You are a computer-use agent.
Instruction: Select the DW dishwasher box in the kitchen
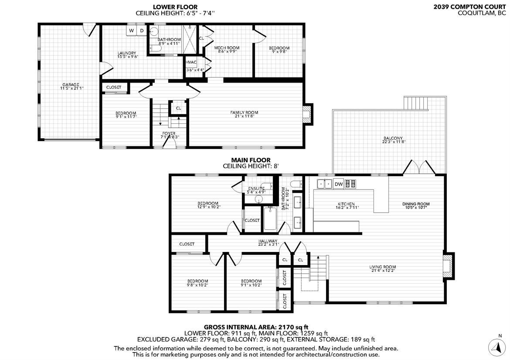click(x=339, y=184)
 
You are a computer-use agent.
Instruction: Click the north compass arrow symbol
click(x=496, y=347)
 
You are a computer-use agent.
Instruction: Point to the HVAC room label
click(x=191, y=62)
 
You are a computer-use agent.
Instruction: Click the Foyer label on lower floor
click(x=169, y=133)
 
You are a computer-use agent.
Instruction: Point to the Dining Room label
click(x=416, y=204)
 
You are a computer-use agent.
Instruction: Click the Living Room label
click(x=383, y=267)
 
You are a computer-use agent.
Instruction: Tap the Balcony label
click(x=391, y=139)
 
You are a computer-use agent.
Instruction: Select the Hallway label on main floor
click(x=268, y=241)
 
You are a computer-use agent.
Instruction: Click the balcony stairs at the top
click(x=416, y=103)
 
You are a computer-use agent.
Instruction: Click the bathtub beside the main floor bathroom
click(x=270, y=219)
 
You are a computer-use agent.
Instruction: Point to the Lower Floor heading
click(x=175, y=7)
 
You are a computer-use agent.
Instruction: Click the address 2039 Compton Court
click(x=470, y=7)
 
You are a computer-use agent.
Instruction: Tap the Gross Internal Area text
click(x=256, y=327)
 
